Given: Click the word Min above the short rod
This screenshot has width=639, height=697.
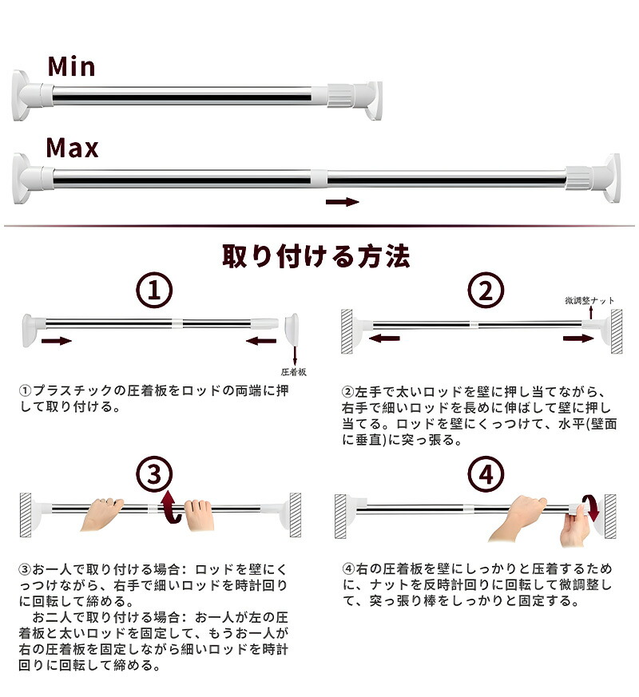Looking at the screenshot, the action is click(71, 67).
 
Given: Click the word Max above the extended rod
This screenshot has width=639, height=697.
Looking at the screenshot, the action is click(72, 148).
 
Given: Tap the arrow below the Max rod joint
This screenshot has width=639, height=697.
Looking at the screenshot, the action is click(342, 202).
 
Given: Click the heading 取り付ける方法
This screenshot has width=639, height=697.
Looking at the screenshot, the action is click(316, 256).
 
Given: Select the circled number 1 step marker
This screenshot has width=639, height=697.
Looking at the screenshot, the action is click(154, 291).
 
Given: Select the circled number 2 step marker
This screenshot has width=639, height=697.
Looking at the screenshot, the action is click(486, 291).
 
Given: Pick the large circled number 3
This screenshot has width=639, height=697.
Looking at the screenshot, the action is click(154, 474).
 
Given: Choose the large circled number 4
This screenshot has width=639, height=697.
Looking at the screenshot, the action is click(486, 474).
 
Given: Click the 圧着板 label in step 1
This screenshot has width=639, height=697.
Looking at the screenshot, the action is click(293, 372).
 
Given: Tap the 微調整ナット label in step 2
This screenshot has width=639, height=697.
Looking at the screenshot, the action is click(589, 300).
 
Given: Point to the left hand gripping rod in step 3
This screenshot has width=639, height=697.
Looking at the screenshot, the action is click(101, 513).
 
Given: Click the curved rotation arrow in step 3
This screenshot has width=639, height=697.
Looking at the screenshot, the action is click(171, 507).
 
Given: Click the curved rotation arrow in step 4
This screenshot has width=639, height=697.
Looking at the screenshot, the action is click(590, 507).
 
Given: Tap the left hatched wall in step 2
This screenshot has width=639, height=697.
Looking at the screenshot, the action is click(347, 331).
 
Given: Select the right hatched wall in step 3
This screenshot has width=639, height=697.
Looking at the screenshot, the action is click(296, 515).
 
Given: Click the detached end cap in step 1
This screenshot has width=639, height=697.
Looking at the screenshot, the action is click(292, 328).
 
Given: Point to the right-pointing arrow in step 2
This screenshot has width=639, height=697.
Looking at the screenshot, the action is click(578, 339).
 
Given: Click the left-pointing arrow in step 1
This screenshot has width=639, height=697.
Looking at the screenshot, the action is click(261, 341).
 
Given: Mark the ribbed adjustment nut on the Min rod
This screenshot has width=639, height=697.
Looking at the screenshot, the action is click(340, 96).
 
